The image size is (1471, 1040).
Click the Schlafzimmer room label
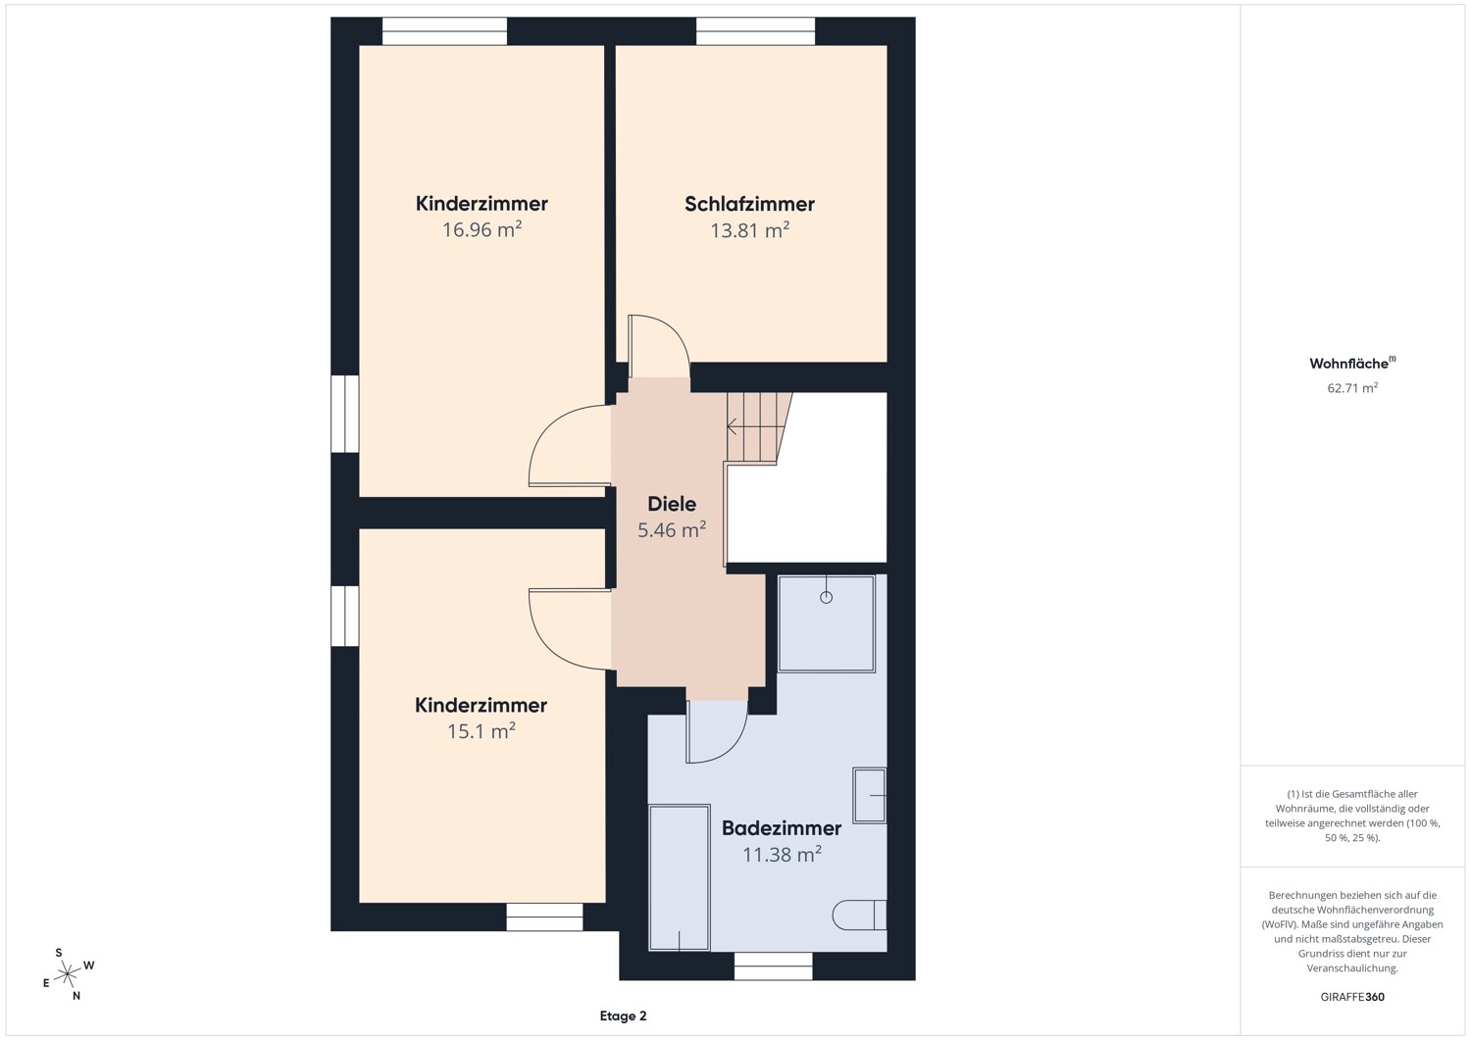pyautogui.click(x=749, y=204)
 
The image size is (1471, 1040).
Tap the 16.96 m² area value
pyautogui.click(x=482, y=229)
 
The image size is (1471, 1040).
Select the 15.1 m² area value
pyautogui.click(x=481, y=731)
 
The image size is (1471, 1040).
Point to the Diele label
pyautogui.click(x=671, y=504)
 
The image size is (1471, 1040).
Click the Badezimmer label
pyautogui.click(x=782, y=828)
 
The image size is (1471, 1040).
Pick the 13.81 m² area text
pyautogui.click(x=749, y=230)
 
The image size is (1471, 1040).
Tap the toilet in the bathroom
pyautogui.click(x=859, y=915)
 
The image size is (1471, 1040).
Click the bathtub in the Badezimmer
pyautogui.click(x=679, y=877)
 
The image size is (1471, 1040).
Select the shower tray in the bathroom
pyautogui.click(x=826, y=623)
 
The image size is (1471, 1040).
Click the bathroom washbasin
pyautogui.click(x=870, y=795)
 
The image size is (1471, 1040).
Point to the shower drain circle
pyautogui.click(x=826, y=598)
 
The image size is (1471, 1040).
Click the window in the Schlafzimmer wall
pyautogui.click(x=755, y=30)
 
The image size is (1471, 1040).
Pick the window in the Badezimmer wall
pyautogui.click(x=773, y=966)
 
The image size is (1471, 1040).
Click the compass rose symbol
pyautogui.click(x=68, y=974)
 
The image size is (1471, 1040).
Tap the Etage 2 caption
pyautogui.click(x=623, y=1015)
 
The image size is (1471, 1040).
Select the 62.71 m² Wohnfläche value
pyautogui.click(x=1352, y=388)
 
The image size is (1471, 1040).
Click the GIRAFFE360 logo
pyautogui.click(x=1352, y=997)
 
